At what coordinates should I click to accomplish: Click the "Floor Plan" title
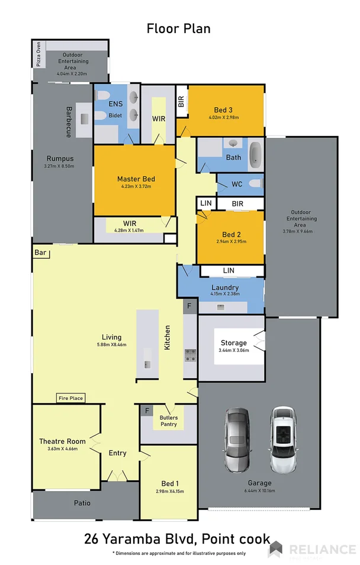[x=178, y=28]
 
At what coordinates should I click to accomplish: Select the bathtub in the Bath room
[x=255, y=154]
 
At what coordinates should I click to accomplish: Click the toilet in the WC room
[x=255, y=184]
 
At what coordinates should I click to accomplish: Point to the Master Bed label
[x=136, y=179]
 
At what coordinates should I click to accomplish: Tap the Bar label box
[x=41, y=253]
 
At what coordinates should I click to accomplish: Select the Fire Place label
[x=70, y=398]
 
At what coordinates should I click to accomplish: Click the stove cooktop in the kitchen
[x=191, y=356]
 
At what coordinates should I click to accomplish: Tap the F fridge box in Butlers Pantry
[x=146, y=410]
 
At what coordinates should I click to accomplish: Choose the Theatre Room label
[x=62, y=441]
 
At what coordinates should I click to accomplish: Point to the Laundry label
[x=224, y=288]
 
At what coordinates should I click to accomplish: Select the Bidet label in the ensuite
[x=115, y=115]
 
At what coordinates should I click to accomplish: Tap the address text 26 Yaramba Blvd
[x=140, y=539]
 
